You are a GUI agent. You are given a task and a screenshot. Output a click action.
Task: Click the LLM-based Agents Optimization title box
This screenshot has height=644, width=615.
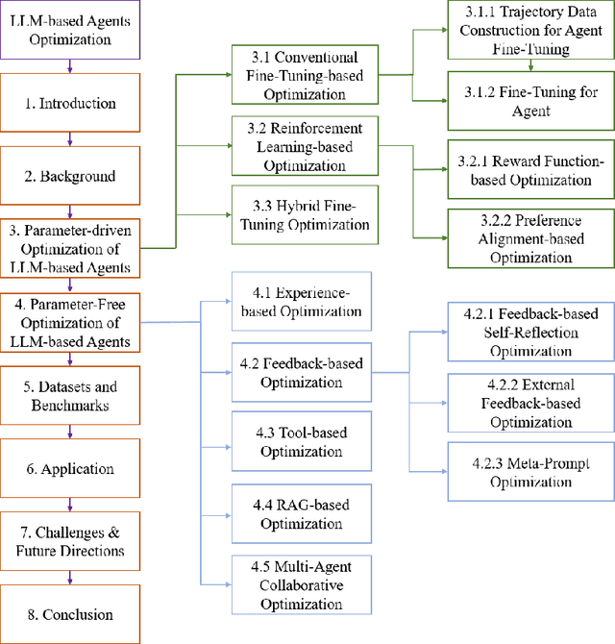click(70, 30)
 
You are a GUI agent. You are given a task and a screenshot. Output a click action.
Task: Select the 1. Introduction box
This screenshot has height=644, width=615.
click(70, 103)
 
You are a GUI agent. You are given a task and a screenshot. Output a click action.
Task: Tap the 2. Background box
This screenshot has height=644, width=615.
click(70, 176)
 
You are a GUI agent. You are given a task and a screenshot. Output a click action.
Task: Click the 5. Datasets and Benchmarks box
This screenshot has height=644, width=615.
click(70, 396)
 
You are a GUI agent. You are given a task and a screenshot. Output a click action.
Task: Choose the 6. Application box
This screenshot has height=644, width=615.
click(70, 469)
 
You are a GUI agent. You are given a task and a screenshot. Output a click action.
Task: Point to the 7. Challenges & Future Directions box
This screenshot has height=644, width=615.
click(70, 542)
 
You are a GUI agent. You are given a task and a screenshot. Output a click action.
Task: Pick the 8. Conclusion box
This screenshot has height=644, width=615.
click(70, 614)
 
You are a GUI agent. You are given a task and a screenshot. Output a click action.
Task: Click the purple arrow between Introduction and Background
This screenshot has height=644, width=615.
click(70, 139)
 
